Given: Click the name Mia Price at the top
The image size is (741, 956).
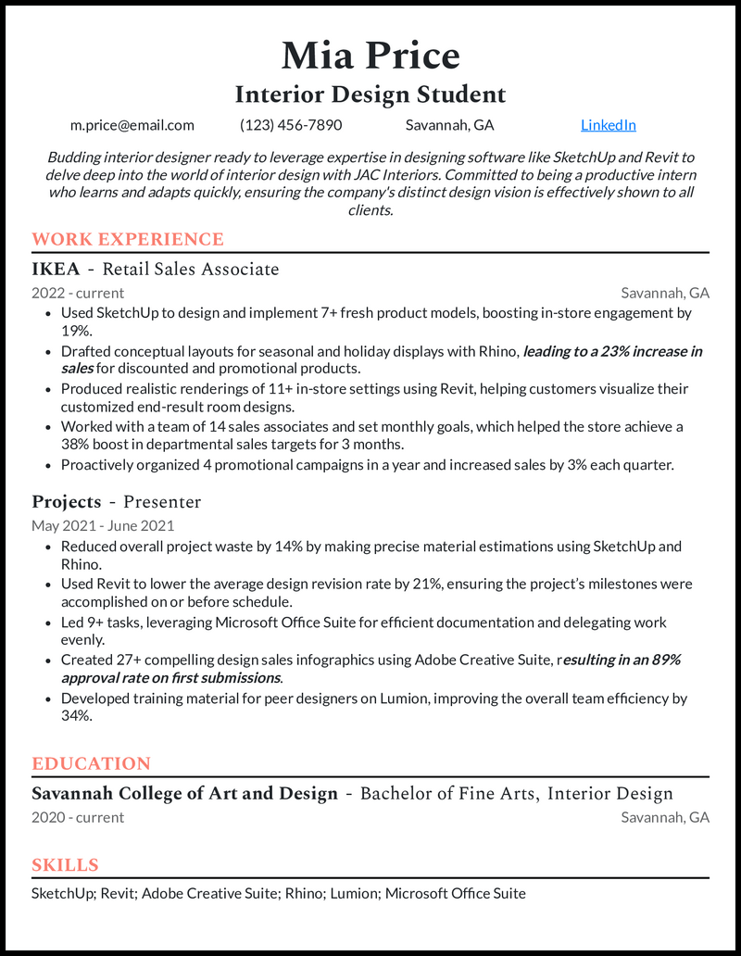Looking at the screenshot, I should click(370, 56).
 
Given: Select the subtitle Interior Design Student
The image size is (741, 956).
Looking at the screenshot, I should click(370, 94).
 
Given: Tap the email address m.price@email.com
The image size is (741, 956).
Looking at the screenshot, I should click(132, 125).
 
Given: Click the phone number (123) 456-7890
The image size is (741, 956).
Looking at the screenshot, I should click(291, 125).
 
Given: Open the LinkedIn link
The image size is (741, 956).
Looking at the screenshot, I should click(608, 125).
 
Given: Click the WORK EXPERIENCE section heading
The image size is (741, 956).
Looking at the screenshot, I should click(128, 240).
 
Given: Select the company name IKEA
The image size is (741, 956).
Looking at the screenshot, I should click(56, 270).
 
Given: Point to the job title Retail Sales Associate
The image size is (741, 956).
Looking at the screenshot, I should click(190, 270).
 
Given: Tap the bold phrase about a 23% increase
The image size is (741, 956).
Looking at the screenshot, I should click(612, 351).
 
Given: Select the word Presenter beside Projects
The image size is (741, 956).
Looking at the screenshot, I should click(162, 502).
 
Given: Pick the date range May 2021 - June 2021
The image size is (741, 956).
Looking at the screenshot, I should click(103, 526).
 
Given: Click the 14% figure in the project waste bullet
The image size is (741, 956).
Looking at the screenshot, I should click(254, 547).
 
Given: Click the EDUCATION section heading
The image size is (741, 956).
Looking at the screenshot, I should click(91, 764).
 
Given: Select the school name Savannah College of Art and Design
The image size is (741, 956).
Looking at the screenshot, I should click(184, 794).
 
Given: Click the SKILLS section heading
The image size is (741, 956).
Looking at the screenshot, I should click(65, 865).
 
